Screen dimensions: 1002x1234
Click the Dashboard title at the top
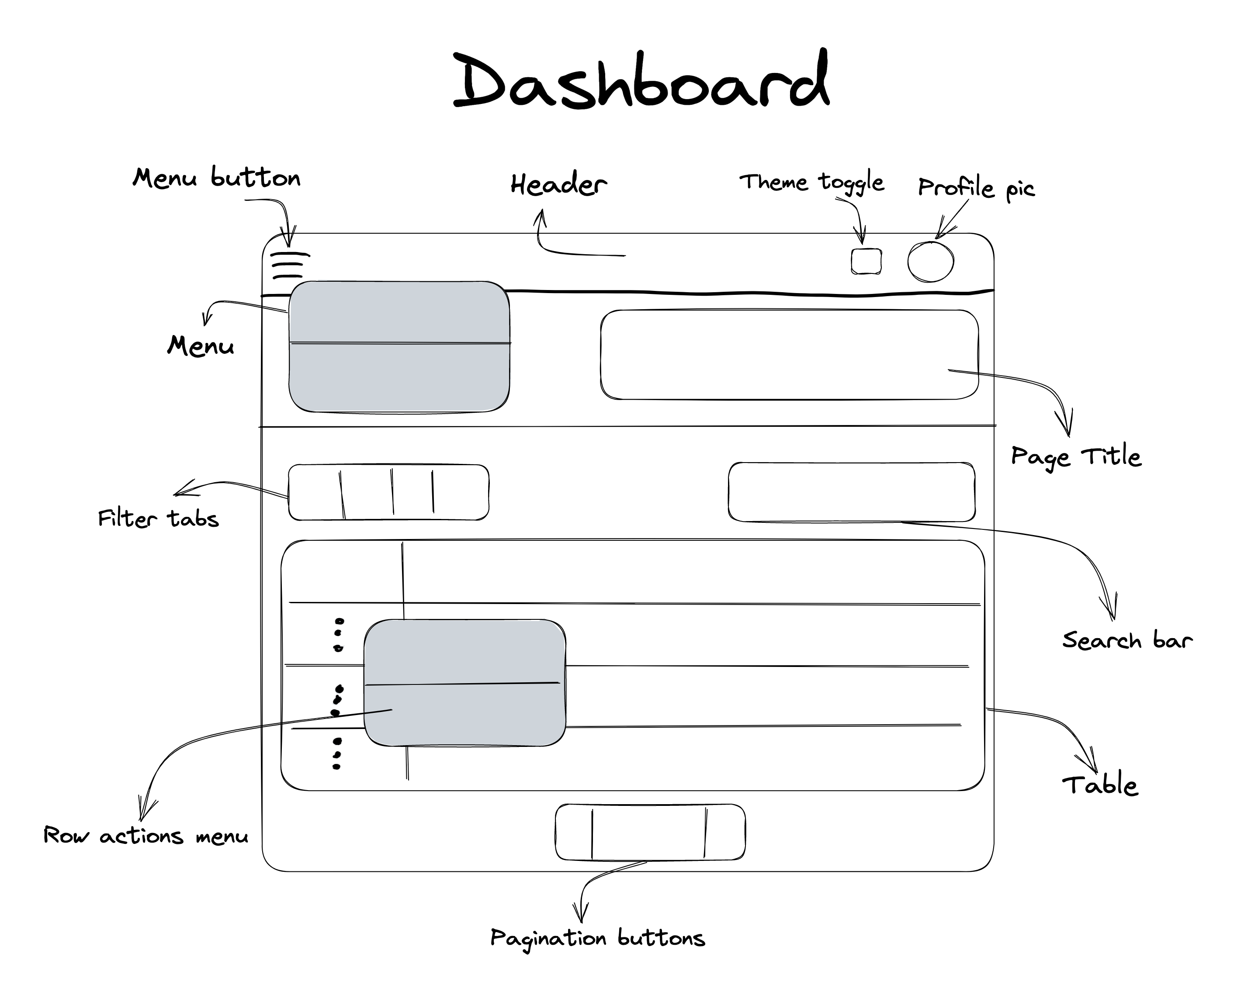tap(641, 81)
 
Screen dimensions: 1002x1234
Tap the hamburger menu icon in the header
tap(289, 264)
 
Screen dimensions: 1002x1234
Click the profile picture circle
tap(930, 262)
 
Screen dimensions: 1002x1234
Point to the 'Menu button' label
tap(217, 177)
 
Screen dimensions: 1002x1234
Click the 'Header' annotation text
tap(558, 185)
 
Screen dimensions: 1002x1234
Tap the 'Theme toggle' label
tap(811, 183)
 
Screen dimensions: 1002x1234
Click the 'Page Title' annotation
tap(1076, 456)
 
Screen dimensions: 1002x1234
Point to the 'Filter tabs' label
tap(158, 518)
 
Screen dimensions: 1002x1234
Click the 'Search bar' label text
tap(1127, 640)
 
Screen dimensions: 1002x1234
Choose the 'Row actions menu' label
tap(146, 836)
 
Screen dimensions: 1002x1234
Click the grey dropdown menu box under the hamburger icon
tap(399, 346)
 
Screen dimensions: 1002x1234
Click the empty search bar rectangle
tap(851, 492)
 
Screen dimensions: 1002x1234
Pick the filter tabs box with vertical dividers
tap(388, 492)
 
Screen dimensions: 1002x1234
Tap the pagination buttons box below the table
tap(650, 832)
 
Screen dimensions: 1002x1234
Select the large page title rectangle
tap(789, 354)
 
